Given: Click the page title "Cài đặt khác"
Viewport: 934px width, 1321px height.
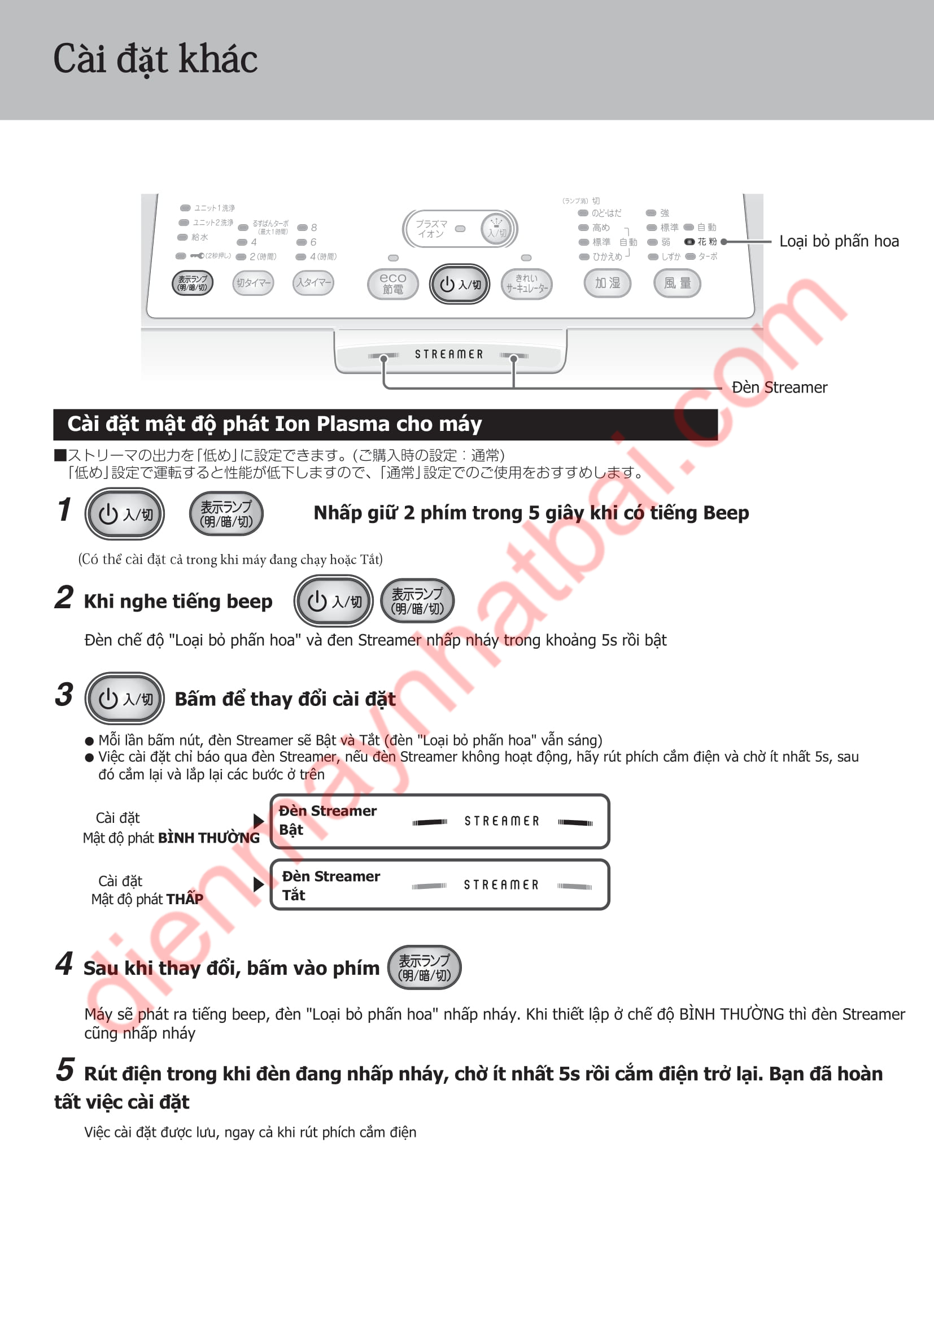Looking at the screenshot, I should (x=155, y=59).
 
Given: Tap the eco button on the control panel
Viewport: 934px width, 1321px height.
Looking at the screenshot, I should (x=393, y=284).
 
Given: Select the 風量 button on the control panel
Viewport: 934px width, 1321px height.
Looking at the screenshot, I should (x=677, y=283).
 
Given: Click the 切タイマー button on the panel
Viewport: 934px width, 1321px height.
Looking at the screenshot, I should (x=253, y=282).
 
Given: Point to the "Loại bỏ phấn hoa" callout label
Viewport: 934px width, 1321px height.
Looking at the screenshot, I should (x=839, y=241).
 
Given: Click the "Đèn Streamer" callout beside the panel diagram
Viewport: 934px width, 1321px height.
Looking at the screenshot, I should (x=779, y=387).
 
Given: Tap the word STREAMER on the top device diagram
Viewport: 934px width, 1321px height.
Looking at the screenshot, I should (x=449, y=355).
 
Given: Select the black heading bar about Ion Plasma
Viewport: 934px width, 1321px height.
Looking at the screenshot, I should (x=385, y=424).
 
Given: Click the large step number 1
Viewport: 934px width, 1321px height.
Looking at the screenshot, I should (x=64, y=510).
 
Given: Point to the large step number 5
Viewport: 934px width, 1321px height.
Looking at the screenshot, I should (x=65, y=1070).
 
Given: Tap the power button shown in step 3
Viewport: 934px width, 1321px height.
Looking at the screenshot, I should (x=125, y=699).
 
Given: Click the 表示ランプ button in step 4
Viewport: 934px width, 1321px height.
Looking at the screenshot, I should (x=425, y=968).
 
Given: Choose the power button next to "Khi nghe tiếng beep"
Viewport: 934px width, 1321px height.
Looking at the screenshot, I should (x=334, y=601).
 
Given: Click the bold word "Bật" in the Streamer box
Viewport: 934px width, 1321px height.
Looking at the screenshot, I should (x=291, y=830).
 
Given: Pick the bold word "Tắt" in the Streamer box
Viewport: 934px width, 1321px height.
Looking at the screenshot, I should (x=294, y=895).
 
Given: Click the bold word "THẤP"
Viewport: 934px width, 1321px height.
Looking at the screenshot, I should (x=186, y=899).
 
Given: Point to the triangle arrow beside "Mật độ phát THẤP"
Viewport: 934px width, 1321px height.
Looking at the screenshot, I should (x=259, y=884).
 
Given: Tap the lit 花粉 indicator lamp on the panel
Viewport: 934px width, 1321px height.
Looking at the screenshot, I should (x=689, y=242).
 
